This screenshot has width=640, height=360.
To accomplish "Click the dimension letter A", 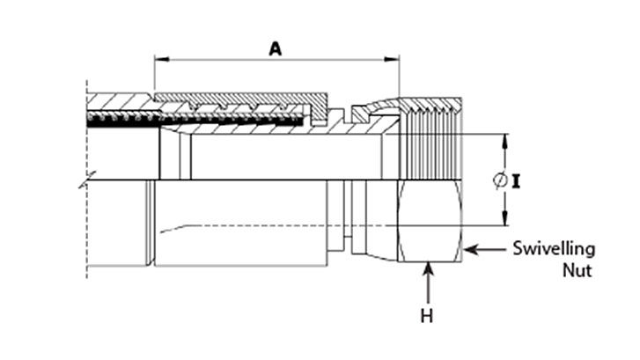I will (275, 50).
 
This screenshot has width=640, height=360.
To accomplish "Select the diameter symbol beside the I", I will (499, 181).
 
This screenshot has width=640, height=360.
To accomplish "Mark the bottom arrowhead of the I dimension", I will (505, 221).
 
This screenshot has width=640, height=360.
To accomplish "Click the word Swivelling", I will (554, 250).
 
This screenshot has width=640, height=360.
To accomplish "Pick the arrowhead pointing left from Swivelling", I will (470, 250).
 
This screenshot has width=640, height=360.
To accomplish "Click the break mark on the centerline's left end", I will (81, 183).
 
